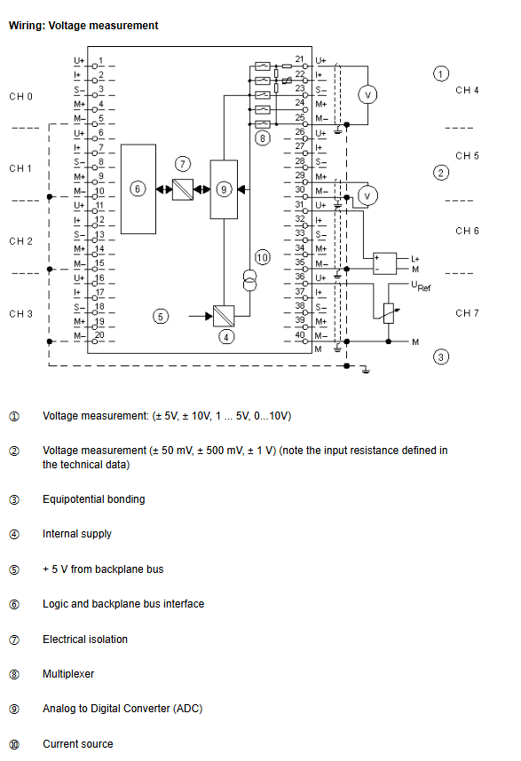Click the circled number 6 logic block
tap(138, 189)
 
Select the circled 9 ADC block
tap(224, 189)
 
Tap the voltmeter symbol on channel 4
tap(367, 95)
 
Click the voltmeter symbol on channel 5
tap(367, 196)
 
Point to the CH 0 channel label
tap(21, 97)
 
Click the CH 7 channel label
tap(467, 313)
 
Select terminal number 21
tap(300, 59)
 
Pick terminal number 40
tap(300, 335)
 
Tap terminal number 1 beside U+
tap(100, 60)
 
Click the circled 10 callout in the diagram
tap(262, 257)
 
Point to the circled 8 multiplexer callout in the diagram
tap(262, 138)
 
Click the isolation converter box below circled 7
tap(183, 189)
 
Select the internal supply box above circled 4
tap(224, 316)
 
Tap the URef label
tap(421, 286)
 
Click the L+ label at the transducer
tap(415, 259)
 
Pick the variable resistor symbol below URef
tap(389, 313)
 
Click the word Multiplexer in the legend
tap(68, 674)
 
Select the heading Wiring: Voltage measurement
tap(83, 26)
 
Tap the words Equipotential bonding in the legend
tap(94, 499)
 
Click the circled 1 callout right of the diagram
tap(441, 74)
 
